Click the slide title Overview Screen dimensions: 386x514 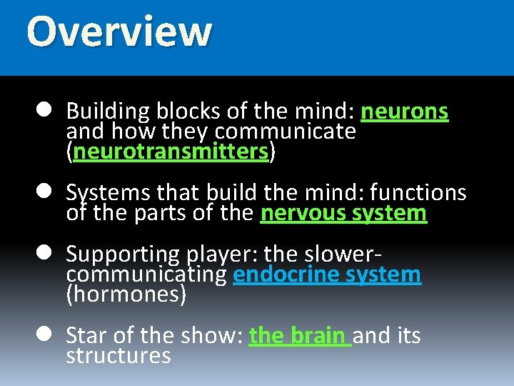pos(119,32)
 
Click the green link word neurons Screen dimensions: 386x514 pos(405,112)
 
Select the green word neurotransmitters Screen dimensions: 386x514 pos(171,152)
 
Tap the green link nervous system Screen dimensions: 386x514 pos(343,213)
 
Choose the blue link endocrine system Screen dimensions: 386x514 pos(327,274)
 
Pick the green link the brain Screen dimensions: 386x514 pos(299,335)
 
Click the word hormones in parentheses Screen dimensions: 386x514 pos(126,295)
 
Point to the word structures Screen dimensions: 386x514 pos(119,356)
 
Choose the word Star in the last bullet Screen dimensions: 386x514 pos(86,335)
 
